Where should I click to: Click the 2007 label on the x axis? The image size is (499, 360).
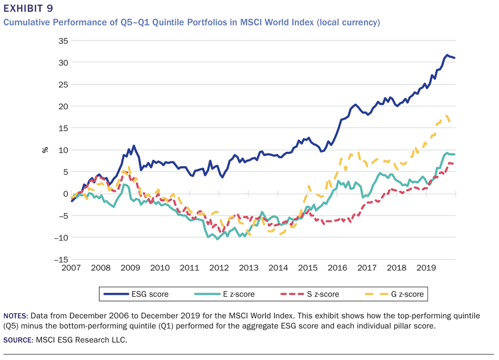click(71, 268)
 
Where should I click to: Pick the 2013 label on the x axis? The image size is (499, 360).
click(248, 268)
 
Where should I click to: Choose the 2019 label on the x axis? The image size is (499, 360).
click(424, 268)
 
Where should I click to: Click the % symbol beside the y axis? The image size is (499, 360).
click(45, 149)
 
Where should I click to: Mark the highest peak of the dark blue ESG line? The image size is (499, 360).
click(447, 55)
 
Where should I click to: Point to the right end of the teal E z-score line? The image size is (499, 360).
click(455, 154)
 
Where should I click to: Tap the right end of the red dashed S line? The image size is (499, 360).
click(453, 163)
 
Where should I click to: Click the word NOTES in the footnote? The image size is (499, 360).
click(16, 316)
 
